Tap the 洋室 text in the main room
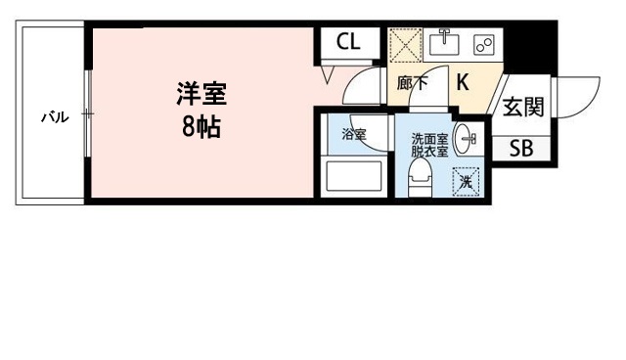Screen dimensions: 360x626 (201, 95)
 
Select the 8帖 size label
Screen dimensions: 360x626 (201, 127)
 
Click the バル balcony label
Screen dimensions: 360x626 (54, 117)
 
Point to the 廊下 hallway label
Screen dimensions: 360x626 (412, 84)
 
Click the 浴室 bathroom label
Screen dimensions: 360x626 (353, 134)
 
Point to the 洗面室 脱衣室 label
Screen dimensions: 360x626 (429, 146)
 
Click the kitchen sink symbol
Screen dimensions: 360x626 (446, 42)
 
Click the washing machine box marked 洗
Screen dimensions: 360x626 (467, 182)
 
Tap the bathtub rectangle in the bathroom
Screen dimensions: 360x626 (353, 178)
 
